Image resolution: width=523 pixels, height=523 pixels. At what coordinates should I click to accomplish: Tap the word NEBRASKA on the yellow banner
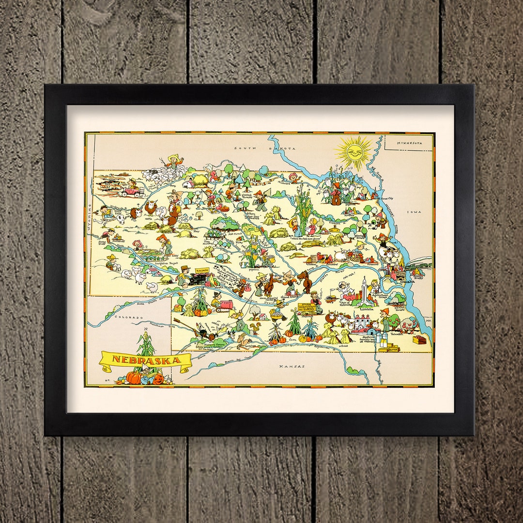[x=145, y=360]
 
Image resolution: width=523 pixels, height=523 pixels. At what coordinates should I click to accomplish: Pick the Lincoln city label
[x=367, y=308]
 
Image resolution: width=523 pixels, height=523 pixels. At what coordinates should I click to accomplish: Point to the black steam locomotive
[x=198, y=278]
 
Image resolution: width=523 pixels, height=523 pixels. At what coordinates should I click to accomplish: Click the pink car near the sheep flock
[x=132, y=192]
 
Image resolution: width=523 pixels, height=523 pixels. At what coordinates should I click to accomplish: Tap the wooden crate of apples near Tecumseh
[x=419, y=339]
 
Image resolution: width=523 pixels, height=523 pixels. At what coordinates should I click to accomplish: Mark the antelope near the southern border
[x=245, y=342]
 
